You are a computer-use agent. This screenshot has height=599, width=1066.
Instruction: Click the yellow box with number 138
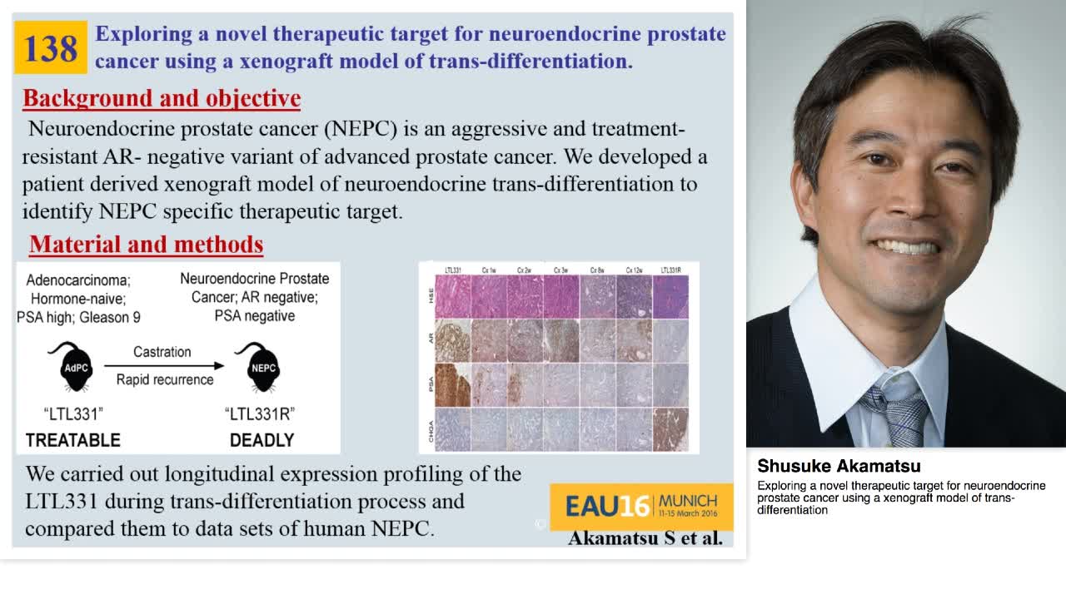51,47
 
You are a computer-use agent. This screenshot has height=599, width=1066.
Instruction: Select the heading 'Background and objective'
162,98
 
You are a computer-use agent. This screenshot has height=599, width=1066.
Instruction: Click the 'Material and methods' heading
146,245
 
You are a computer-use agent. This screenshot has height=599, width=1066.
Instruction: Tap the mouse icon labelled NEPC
261,368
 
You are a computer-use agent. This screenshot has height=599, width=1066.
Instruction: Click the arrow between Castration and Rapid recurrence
164,366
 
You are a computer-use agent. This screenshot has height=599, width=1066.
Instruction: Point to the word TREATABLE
73,440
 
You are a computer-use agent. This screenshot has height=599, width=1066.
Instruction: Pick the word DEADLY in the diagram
262,440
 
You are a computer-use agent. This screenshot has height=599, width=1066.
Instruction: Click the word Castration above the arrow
162,352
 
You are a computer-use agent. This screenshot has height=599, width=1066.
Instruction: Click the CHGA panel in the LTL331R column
670,428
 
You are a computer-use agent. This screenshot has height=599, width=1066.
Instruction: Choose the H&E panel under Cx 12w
635,297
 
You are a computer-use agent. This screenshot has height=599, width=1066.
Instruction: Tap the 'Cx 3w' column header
561,270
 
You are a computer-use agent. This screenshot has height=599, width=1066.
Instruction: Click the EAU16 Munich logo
641,506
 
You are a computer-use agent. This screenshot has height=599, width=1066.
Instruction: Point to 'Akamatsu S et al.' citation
645,538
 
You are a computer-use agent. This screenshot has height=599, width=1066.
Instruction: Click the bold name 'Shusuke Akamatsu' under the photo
839,467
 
